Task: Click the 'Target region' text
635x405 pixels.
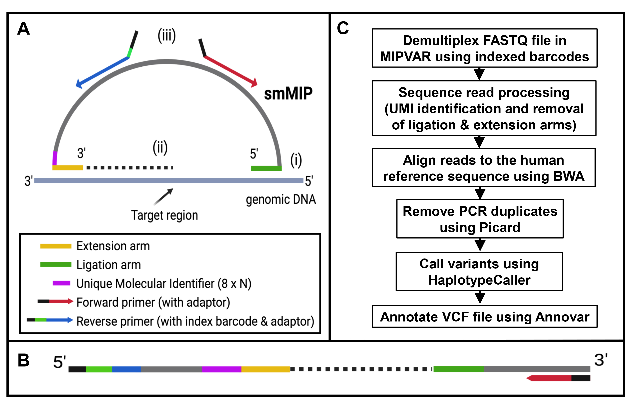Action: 165,215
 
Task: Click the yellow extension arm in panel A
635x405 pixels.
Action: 67,168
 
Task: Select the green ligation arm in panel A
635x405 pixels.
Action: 266,168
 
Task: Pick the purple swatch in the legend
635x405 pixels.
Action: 61,283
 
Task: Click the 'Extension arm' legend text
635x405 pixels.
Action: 113,246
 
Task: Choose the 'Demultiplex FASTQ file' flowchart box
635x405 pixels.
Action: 484,48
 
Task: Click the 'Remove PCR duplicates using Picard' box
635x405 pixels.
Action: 480,219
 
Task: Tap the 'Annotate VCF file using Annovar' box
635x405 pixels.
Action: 484,317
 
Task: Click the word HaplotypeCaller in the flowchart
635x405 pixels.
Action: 479,280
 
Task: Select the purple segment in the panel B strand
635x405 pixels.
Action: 221,369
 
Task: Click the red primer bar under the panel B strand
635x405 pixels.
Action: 550,378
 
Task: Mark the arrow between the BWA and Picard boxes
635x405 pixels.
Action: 480,193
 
